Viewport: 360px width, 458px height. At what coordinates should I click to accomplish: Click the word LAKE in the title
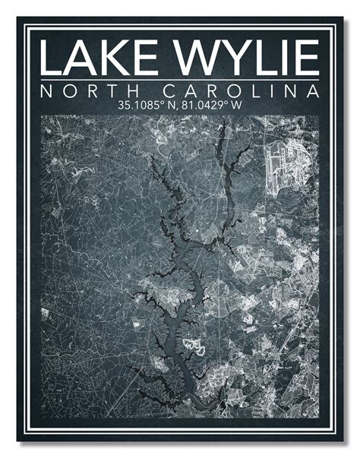(97, 58)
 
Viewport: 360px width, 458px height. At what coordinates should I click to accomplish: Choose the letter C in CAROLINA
(177, 92)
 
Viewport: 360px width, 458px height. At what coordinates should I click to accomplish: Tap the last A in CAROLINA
(311, 92)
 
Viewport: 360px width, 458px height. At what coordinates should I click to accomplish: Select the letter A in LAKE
(83, 58)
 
